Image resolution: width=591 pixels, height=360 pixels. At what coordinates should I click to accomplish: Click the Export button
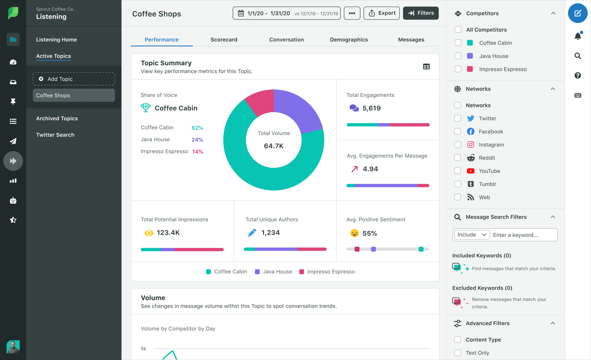[x=381, y=13]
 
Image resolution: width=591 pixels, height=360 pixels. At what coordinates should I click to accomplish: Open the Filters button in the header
[x=420, y=13]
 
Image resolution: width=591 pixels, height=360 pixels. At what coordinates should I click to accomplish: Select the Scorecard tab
[x=224, y=40]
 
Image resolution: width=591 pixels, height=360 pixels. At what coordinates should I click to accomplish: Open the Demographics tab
[x=349, y=40]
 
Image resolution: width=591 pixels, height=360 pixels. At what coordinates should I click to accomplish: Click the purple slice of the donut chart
[x=298, y=109]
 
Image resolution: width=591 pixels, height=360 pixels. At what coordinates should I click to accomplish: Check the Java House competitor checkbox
[x=458, y=56]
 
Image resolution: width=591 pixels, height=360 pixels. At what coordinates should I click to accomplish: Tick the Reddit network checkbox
[x=457, y=158]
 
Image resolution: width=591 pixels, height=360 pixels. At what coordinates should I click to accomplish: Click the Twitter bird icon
[x=470, y=119]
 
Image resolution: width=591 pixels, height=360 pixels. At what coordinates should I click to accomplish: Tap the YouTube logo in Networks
[x=470, y=171]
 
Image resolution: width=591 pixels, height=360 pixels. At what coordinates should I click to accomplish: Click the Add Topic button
[x=74, y=79]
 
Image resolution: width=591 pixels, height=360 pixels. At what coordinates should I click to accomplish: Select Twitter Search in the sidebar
[x=55, y=135]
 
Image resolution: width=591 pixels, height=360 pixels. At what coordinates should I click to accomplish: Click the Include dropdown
[x=472, y=235]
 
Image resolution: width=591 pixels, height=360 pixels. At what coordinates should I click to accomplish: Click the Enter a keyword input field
[x=523, y=235]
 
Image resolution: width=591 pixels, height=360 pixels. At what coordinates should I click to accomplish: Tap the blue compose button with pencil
[x=577, y=13]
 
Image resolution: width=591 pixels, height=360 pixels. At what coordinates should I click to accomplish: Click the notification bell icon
[x=578, y=36]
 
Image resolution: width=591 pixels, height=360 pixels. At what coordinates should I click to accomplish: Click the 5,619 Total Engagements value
[x=371, y=108]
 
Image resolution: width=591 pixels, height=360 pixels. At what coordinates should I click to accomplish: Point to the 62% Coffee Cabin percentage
[x=197, y=128]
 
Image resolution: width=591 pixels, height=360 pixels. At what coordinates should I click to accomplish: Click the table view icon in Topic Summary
[x=426, y=67]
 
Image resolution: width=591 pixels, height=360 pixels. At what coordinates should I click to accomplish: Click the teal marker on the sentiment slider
[x=421, y=249]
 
